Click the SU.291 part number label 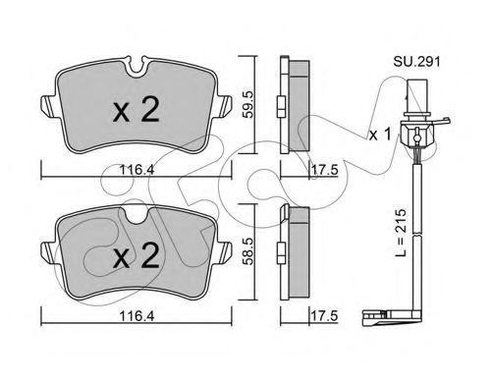click(416, 62)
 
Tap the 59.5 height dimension click(247, 104)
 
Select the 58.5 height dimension click(247, 251)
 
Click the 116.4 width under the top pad click(136, 170)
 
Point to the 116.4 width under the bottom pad click(136, 316)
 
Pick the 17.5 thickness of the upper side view click(324, 170)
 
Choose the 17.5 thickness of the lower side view click(324, 316)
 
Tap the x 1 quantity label click(380, 135)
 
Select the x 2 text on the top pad click(136, 110)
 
